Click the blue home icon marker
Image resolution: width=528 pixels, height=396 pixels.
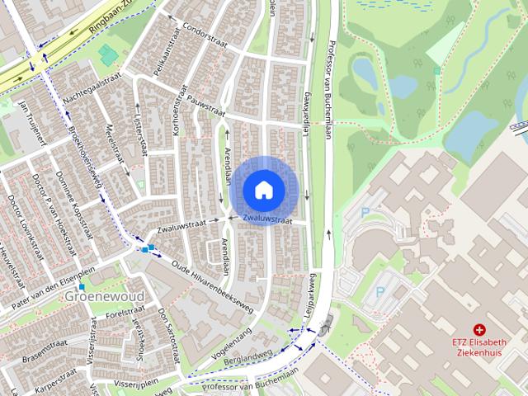[263, 189]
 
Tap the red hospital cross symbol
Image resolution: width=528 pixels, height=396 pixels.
[479, 329]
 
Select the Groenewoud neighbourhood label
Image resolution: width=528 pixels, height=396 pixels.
[105, 296]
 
